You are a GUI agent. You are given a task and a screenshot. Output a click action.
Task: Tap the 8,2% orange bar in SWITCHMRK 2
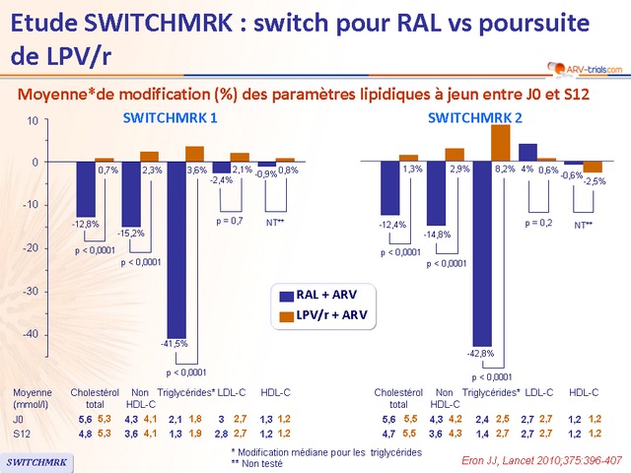pyautogui.click(x=501, y=143)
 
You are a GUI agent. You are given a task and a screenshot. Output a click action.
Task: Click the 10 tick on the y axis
pyautogui.click(x=33, y=120)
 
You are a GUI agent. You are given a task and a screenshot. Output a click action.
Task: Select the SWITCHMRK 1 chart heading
pyautogui.click(x=170, y=118)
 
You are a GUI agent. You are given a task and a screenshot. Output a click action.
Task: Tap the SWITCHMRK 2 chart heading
pyautogui.click(x=475, y=118)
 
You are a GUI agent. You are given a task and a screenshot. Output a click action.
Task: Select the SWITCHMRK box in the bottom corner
pyautogui.click(x=36, y=460)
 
